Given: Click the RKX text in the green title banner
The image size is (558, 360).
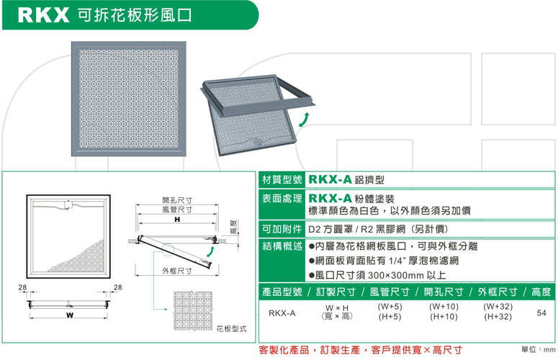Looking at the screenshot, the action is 43,15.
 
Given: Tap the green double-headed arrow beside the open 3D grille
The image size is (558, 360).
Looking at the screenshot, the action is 304,120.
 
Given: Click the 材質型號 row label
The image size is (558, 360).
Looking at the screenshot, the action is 282,180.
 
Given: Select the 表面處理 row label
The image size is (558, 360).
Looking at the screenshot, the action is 282,199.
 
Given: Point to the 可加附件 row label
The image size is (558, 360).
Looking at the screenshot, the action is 282,229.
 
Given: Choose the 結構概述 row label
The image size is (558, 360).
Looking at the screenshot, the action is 282,246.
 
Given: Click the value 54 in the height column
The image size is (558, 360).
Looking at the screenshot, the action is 541,312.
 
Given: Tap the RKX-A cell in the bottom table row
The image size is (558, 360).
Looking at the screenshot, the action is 282,313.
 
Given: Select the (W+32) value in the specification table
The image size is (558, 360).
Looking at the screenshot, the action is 498,306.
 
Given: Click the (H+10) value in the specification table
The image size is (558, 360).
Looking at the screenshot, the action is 444,316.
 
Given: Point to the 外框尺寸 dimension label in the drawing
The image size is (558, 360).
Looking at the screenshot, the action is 177,271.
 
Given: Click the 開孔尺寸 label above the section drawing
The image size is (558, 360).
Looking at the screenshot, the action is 177,200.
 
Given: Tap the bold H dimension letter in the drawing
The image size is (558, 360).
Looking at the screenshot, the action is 177,220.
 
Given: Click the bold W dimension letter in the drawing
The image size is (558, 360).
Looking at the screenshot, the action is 70,315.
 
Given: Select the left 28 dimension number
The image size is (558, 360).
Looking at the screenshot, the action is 22,287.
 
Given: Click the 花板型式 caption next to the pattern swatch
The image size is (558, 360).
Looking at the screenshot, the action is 231,329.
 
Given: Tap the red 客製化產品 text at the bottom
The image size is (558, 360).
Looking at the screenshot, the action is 284,350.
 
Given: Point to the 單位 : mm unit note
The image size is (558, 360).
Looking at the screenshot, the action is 539,350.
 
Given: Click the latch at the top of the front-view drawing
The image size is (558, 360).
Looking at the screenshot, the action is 68,206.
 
